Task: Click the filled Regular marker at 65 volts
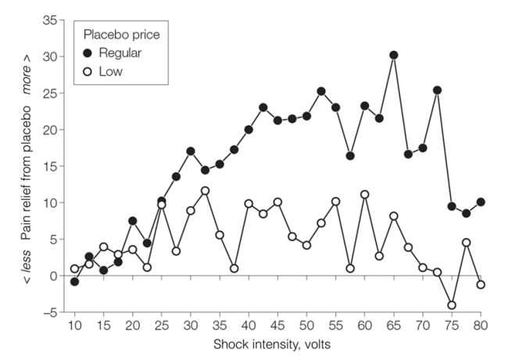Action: coord(394,55)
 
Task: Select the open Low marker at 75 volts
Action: coord(452,305)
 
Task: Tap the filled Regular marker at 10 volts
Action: coord(75,281)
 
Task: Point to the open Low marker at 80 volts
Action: coord(481,284)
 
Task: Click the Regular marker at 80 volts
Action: coord(481,202)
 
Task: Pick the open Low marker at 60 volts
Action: coord(365,194)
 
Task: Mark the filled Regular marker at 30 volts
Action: coord(191,151)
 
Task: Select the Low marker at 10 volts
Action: coord(75,269)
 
